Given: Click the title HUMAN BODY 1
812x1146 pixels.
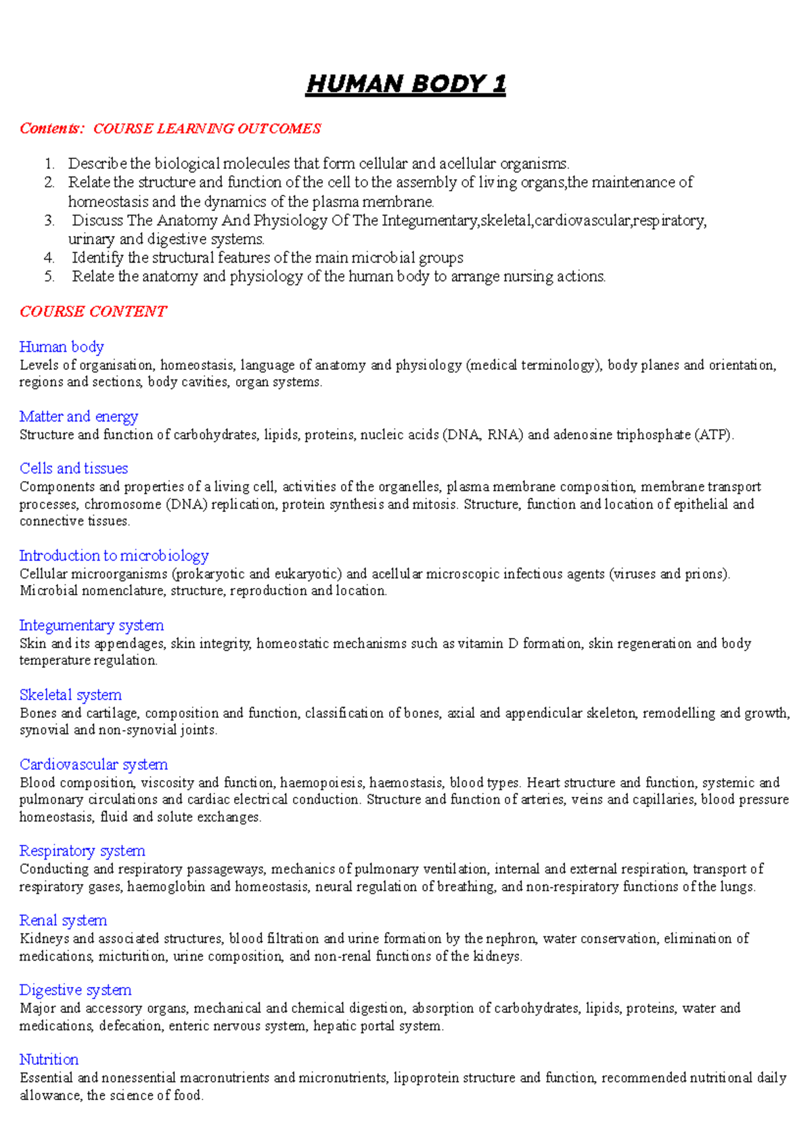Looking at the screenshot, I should coord(405,84).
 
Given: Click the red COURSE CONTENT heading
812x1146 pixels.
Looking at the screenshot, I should coord(93,311).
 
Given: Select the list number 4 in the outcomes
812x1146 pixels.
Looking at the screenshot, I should coord(49,258).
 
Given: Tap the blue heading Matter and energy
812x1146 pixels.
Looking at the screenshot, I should coord(78,416).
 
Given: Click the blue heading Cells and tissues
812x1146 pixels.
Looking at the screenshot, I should coord(73,468).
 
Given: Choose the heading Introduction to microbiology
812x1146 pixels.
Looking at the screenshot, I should coord(114,555).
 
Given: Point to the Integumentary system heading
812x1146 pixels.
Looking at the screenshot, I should coord(91,625).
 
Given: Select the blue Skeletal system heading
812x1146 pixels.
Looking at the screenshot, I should coord(70,695).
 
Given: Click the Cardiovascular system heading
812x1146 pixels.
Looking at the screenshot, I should coord(93,764).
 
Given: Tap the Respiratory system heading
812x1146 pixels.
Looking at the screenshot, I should coord(82,850).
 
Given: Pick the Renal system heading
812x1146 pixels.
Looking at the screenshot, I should coord(63,920).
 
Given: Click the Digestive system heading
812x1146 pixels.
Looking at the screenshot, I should coord(75,990).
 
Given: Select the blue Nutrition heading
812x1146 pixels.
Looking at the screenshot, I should coord(49,1059).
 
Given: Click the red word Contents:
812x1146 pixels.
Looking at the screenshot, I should coord(52,129).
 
